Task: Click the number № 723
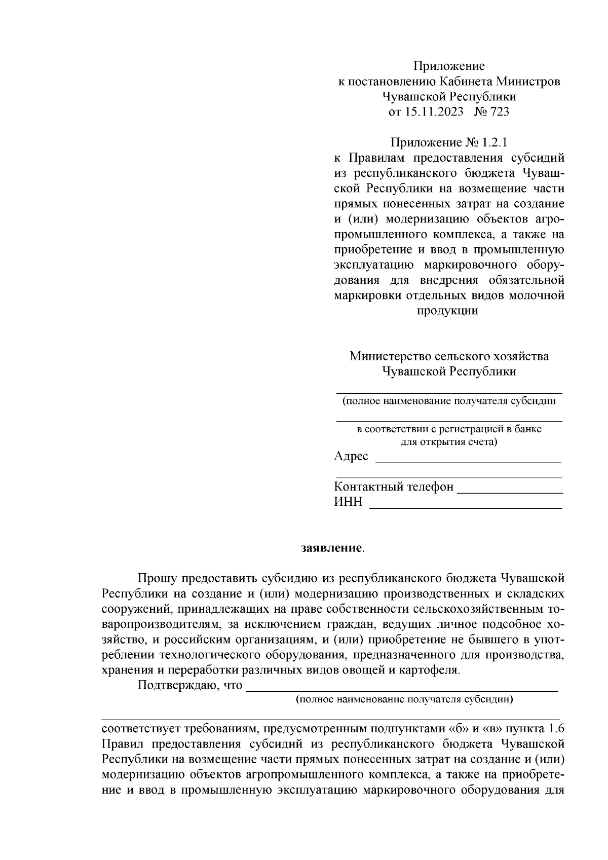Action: coord(491,112)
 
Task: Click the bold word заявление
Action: coord(331,548)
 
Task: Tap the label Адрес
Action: coord(351,456)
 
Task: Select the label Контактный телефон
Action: coord(394,487)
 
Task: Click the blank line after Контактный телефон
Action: coord(510,491)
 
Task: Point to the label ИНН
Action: coord(348,502)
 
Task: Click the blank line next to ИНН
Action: coord(465,506)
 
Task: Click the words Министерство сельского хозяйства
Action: coord(449,356)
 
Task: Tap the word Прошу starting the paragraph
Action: coord(157,578)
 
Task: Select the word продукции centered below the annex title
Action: coord(447,311)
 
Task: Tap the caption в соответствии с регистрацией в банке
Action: coord(449,429)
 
